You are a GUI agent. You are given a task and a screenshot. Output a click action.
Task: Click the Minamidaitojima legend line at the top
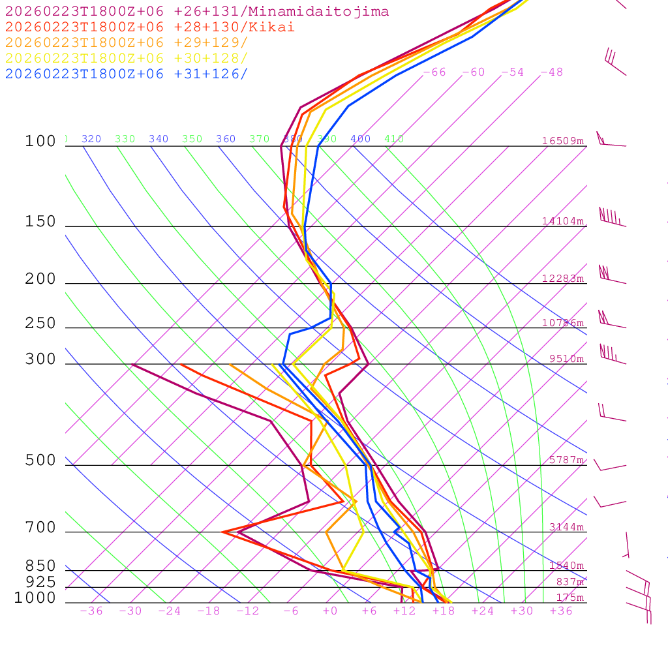(x=197, y=12)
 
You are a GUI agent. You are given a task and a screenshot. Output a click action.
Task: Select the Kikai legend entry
(x=150, y=27)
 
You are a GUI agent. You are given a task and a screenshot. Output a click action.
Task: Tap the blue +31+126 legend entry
(x=127, y=74)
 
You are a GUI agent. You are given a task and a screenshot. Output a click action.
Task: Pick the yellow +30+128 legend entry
(x=127, y=59)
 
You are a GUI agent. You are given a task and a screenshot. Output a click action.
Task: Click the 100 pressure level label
(x=40, y=142)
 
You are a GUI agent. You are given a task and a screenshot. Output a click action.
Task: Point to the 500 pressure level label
(x=40, y=461)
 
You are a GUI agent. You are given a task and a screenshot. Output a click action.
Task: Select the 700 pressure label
(x=40, y=528)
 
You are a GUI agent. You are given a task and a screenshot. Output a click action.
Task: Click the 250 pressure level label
(x=40, y=324)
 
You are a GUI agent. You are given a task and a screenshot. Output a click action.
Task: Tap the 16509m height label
(x=563, y=141)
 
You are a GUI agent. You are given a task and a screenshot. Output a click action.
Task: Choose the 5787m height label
(x=566, y=460)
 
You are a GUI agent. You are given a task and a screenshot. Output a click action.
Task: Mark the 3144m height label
(x=566, y=527)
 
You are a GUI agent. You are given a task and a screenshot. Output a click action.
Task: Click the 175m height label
(x=569, y=598)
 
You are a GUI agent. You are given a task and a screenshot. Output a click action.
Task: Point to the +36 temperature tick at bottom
(x=561, y=611)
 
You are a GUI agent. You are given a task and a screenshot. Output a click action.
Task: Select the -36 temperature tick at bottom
(x=91, y=611)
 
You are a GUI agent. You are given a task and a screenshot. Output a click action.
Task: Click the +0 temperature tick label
(x=329, y=611)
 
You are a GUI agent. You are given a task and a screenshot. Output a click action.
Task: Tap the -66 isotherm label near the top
(x=434, y=72)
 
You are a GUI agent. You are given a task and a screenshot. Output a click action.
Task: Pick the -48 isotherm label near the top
(x=551, y=72)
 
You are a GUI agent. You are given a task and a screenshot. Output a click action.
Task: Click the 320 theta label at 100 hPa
(x=91, y=139)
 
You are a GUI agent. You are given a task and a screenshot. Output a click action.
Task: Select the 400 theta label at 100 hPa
(x=360, y=139)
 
